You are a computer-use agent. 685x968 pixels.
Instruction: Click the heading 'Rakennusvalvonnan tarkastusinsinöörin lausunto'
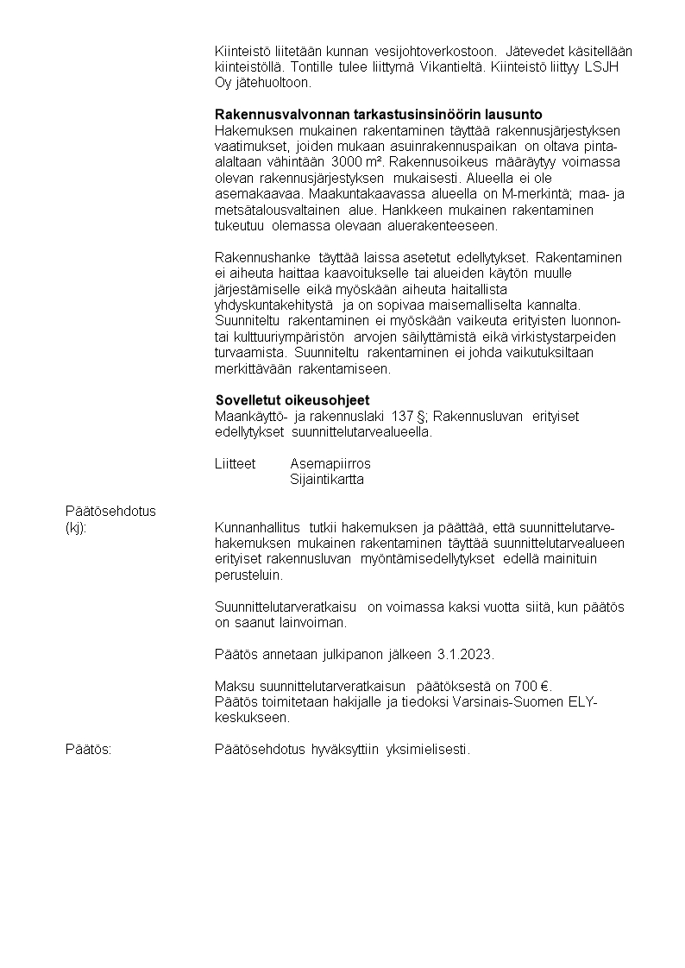click(x=378, y=115)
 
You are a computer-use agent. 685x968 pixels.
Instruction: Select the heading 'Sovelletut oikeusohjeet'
click(x=292, y=401)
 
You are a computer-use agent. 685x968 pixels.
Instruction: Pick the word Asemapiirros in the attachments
click(x=330, y=464)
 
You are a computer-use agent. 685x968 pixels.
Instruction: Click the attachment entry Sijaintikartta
click(x=327, y=480)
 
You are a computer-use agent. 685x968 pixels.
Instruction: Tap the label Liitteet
click(x=235, y=464)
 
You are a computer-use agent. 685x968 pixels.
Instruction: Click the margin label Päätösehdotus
click(x=110, y=511)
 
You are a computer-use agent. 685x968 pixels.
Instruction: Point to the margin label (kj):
click(x=76, y=527)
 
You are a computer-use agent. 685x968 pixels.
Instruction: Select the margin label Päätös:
click(x=89, y=749)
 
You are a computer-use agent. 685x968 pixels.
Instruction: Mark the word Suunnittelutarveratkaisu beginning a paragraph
click(x=287, y=607)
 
